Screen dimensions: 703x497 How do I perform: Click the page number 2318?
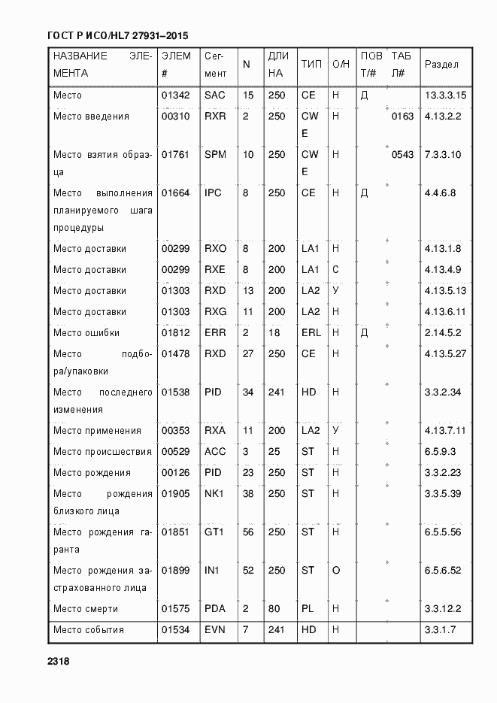59,661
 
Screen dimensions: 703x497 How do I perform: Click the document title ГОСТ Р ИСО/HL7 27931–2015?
117,36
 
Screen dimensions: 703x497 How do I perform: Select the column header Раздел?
441,65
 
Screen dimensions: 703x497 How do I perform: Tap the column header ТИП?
311,65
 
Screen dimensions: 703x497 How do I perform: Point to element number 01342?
176,95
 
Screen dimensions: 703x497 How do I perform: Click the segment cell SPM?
215,154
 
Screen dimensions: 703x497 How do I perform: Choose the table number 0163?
402,117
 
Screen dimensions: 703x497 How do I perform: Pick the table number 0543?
402,154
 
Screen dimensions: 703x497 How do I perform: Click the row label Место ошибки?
86,332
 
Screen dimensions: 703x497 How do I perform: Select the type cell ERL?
311,332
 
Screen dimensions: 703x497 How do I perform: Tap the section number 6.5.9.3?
441,451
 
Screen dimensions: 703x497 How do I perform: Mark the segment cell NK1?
214,493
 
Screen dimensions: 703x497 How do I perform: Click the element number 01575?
176,608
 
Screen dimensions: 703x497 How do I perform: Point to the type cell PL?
308,608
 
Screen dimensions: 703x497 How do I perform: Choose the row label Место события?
89,629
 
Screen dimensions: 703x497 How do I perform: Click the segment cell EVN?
215,629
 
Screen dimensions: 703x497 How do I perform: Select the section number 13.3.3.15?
446,95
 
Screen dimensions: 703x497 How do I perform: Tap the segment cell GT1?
214,532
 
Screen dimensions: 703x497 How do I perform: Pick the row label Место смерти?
86,608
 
